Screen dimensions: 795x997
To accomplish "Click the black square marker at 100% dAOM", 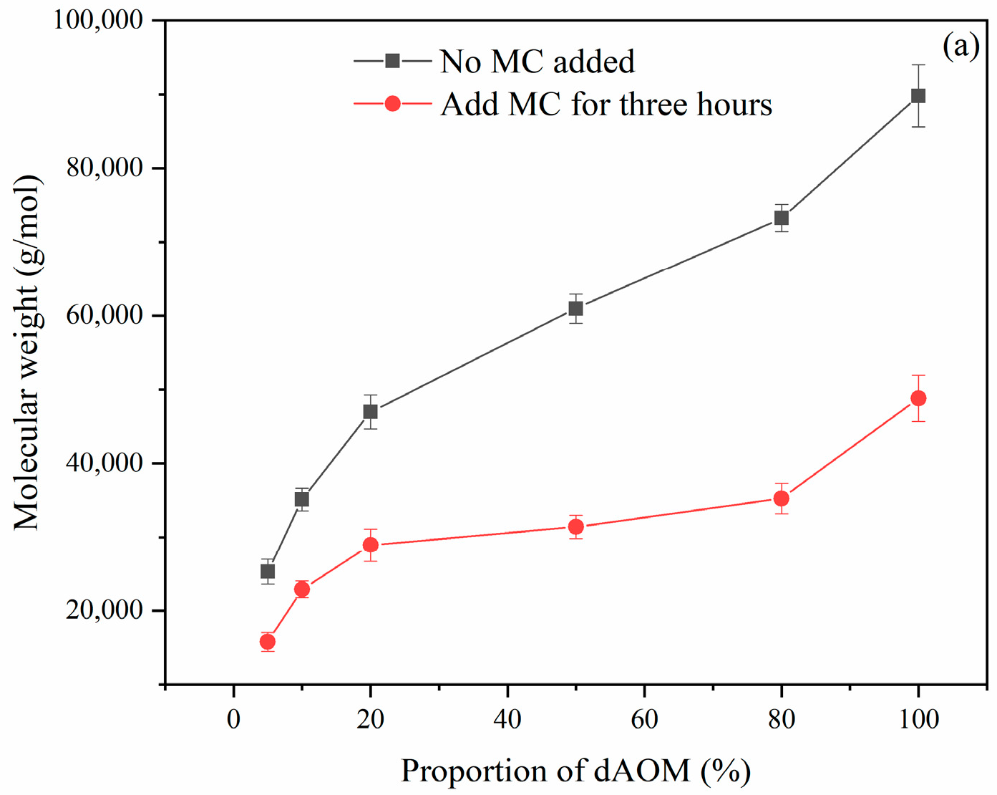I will click(918, 96).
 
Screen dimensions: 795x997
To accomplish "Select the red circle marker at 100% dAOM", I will click(918, 398).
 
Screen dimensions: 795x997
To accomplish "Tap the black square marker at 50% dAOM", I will click(575, 309).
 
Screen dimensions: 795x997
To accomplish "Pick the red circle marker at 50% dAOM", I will click(575, 527).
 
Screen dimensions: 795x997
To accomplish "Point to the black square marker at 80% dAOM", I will click(781, 218).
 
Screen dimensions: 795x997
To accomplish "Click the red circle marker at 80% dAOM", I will click(781, 498).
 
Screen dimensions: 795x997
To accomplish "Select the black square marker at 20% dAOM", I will click(370, 412).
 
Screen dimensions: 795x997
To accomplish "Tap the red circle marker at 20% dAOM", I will click(370, 545).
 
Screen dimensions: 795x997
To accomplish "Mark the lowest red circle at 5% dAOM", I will click(268, 642).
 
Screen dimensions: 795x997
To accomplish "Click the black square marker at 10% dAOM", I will click(302, 499).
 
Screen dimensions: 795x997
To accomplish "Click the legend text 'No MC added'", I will click(537, 62).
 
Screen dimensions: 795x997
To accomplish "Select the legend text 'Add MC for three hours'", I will click(606, 105).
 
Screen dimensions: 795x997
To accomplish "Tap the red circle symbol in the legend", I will click(392, 104).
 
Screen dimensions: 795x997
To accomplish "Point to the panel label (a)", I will click(960, 46).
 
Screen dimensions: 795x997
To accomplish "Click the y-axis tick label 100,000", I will click(99, 20).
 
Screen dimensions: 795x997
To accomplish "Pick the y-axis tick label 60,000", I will click(104, 315).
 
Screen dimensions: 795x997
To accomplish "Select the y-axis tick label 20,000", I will click(104, 610).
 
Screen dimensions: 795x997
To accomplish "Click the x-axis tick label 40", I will click(507, 719).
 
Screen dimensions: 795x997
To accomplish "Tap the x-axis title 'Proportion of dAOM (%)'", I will click(575, 771).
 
